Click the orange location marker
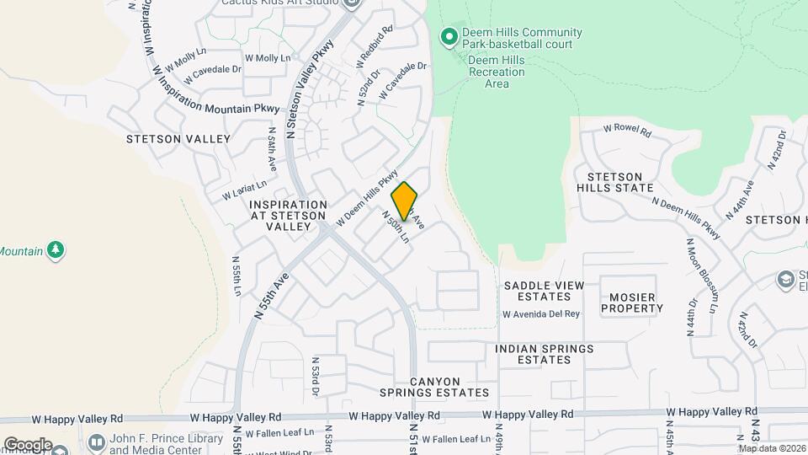pos(405,201)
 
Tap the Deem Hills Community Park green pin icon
pos(449,36)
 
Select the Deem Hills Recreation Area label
pos(497,72)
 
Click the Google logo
pos(27,445)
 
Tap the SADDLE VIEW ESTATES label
pos(544,292)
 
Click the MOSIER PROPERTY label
pos(632,302)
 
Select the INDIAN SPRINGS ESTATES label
pos(544,354)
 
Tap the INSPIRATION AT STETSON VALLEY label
pos(288,216)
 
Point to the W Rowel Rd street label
pos(628,131)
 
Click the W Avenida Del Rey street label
pos(541,314)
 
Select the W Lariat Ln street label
pos(245,190)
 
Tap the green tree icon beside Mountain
pos(56,250)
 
